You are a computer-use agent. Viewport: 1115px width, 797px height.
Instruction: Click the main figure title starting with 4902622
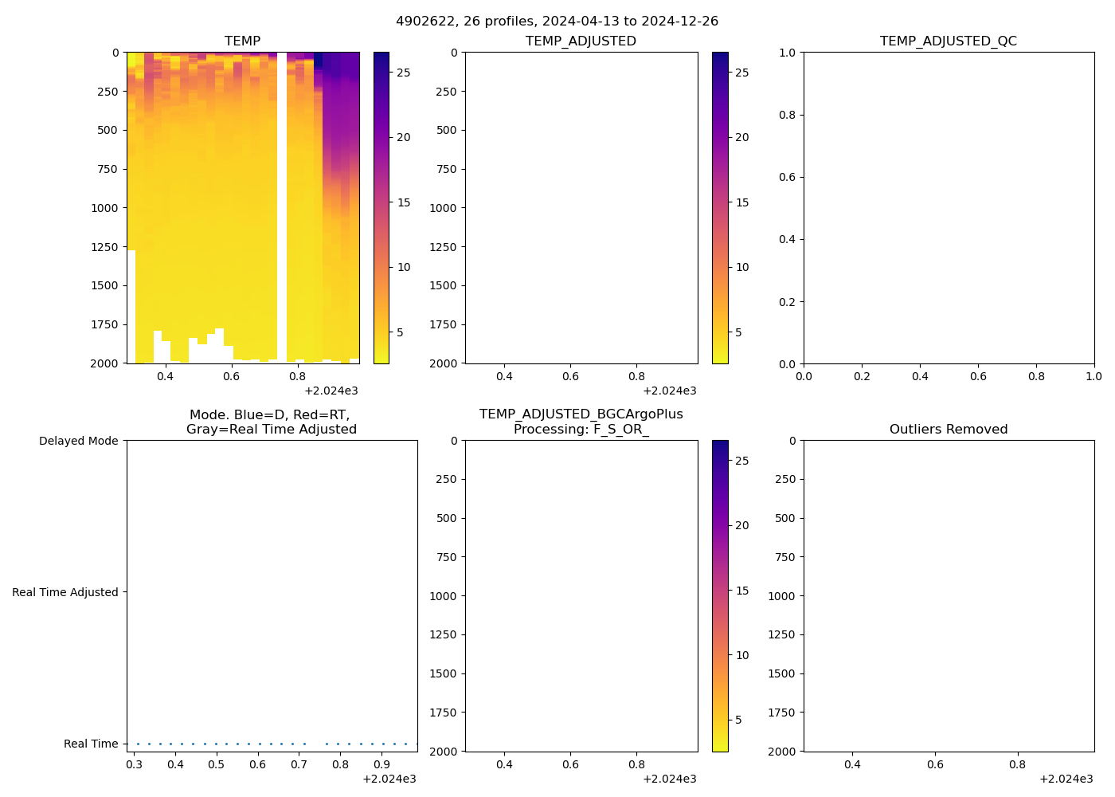click(x=557, y=22)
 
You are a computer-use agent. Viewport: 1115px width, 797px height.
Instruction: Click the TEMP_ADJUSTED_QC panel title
click(x=948, y=41)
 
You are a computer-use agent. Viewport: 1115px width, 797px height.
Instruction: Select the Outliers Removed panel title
click(x=948, y=430)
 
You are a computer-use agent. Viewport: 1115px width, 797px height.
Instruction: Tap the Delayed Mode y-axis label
click(x=78, y=441)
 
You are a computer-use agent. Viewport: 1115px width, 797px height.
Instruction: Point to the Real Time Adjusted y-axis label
click(x=65, y=592)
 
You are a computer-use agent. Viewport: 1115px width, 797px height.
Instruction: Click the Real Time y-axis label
click(x=91, y=744)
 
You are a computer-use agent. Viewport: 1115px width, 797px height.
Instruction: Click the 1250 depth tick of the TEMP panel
click(x=104, y=247)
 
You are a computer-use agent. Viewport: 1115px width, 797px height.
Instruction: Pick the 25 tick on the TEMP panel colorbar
click(x=404, y=73)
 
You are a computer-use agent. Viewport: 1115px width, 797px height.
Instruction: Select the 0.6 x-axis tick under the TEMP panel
click(x=231, y=376)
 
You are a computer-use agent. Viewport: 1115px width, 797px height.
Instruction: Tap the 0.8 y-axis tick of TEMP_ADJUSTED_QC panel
click(x=787, y=115)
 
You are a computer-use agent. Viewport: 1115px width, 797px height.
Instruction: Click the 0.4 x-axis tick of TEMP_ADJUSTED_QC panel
click(x=920, y=376)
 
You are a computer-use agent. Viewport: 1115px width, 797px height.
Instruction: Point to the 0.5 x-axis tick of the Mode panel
click(x=217, y=764)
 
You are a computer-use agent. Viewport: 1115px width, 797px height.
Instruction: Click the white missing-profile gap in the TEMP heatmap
click(x=282, y=207)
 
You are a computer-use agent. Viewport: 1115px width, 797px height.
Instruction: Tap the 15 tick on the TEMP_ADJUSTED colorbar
click(x=742, y=202)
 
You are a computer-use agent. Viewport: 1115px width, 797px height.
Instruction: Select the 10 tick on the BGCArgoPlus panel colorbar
click(x=742, y=655)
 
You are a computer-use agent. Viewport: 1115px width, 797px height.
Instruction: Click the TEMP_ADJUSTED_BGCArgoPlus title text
click(x=581, y=414)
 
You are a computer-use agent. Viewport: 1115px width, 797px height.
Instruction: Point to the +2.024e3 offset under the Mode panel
click(x=389, y=779)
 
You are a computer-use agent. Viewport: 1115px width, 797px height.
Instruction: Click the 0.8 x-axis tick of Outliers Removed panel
click(x=1018, y=764)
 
